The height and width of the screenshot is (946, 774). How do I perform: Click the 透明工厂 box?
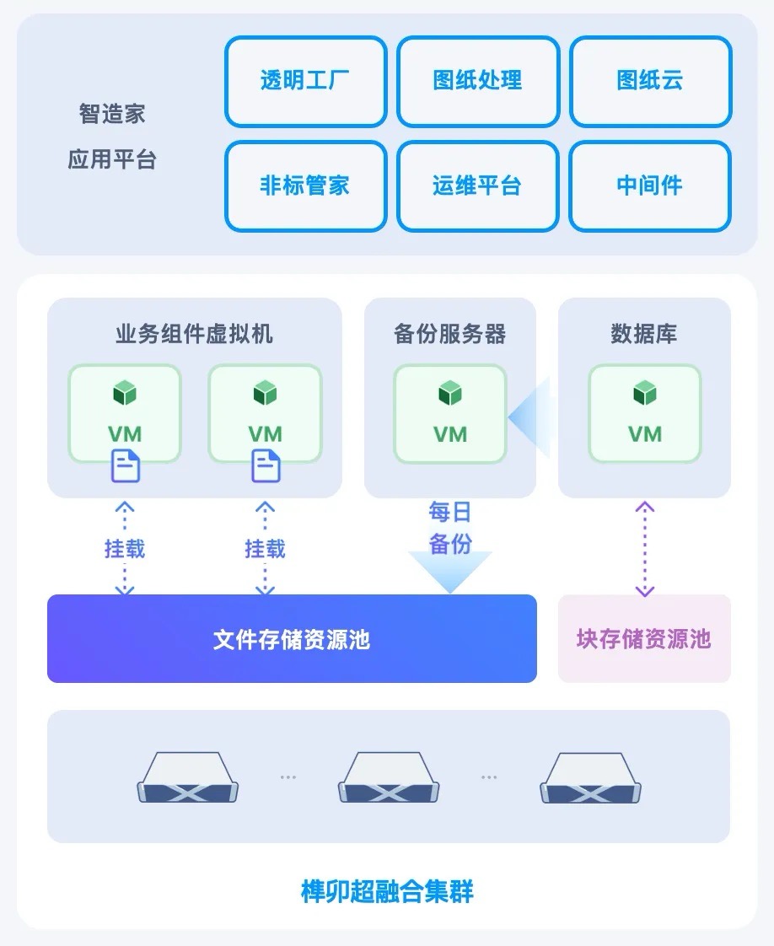(305, 81)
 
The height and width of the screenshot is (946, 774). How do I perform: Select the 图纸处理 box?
(478, 81)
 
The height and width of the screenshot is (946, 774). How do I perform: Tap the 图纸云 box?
(650, 81)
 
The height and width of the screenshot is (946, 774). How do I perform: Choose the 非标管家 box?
(305, 185)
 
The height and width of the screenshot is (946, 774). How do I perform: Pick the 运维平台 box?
(478, 185)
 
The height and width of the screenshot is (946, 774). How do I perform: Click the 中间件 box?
(650, 185)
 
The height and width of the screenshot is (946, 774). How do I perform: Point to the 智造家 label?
(113, 114)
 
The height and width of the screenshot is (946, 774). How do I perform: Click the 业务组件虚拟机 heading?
(194, 334)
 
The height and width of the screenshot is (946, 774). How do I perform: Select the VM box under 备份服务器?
(450, 413)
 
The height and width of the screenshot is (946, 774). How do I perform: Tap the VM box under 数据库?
(645, 413)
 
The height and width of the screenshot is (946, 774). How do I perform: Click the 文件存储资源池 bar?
(292, 639)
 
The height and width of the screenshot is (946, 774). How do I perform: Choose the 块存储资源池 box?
(644, 639)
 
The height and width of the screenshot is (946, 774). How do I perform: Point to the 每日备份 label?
(450, 528)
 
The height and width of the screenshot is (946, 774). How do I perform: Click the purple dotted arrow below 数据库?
(645, 548)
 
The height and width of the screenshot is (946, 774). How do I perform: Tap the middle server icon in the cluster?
(388, 777)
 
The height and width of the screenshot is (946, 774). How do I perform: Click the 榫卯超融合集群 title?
(387, 891)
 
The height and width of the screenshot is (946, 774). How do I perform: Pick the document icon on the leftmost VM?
(126, 465)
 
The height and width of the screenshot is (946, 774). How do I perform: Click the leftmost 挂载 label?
(125, 549)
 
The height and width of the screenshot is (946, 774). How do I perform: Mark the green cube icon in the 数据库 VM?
(645, 393)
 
